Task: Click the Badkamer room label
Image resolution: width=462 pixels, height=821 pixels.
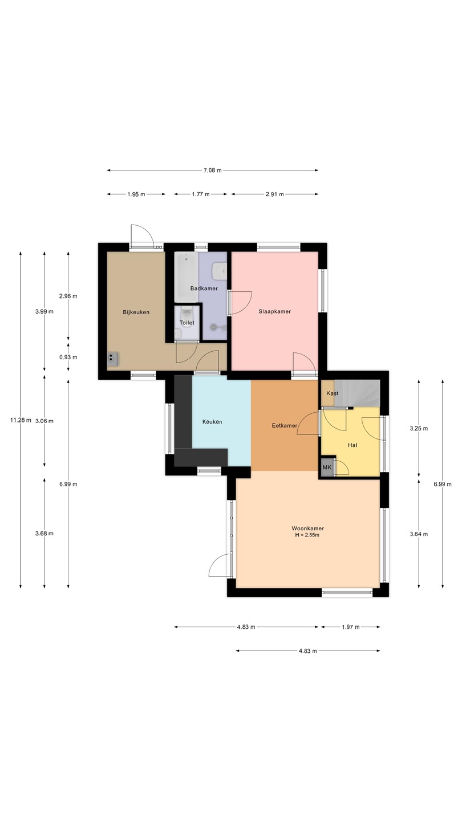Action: (x=204, y=288)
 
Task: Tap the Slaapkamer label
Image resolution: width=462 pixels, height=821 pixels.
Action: (x=275, y=311)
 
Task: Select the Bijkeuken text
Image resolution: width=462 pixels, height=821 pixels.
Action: (x=136, y=312)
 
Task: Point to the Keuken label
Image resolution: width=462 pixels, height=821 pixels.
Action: (x=212, y=422)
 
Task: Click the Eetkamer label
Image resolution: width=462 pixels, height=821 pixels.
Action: (x=284, y=425)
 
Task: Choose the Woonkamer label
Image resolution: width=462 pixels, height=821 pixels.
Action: (x=307, y=529)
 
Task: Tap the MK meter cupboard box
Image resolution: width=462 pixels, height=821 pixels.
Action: (x=327, y=468)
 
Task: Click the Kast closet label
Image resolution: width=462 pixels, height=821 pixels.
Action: (x=332, y=393)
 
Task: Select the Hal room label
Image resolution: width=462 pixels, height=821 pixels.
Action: (x=352, y=445)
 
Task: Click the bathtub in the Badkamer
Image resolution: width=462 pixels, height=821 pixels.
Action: (x=187, y=277)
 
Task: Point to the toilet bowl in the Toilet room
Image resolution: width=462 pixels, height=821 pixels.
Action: (x=187, y=314)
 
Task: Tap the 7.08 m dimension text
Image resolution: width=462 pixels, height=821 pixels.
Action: (x=213, y=170)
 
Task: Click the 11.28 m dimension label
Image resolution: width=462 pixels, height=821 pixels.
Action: (x=21, y=420)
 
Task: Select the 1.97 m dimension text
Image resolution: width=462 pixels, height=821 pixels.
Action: (x=351, y=627)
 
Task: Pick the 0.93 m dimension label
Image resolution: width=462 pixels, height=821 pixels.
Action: (x=68, y=357)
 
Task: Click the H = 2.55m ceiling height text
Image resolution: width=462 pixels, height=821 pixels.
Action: (x=307, y=535)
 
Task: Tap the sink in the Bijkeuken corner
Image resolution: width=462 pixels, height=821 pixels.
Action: (x=113, y=359)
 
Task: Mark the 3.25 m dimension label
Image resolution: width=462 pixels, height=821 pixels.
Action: (x=419, y=429)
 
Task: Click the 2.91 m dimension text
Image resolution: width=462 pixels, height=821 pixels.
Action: (x=275, y=194)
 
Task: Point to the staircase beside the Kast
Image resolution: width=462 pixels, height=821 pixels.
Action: (x=357, y=393)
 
